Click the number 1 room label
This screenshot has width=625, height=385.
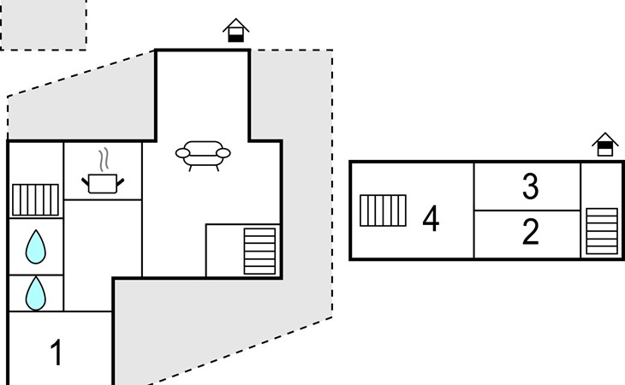point(57,352)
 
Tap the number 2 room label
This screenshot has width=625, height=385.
point(531,232)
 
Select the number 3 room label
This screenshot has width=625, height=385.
point(531,187)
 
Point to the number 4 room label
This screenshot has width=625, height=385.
point(431,219)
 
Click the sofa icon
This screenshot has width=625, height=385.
point(203,154)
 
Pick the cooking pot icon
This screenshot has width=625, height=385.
point(103,181)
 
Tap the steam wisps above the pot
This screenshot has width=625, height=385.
point(104,160)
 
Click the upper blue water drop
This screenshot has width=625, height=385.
point(35,247)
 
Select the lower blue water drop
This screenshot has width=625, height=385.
point(35,293)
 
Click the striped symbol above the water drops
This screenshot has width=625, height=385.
point(35,199)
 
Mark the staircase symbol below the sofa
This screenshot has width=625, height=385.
point(259,249)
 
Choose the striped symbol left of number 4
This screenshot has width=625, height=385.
point(383,210)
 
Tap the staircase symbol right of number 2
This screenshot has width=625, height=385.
point(601,231)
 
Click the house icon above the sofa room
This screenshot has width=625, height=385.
point(236,32)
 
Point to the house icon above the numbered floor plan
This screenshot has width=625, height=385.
point(605,145)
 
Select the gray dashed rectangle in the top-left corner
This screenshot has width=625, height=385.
point(43,24)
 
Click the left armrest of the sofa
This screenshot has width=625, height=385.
point(182,153)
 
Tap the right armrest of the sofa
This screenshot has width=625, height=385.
point(223,153)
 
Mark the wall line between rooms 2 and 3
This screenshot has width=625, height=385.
point(527,210)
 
